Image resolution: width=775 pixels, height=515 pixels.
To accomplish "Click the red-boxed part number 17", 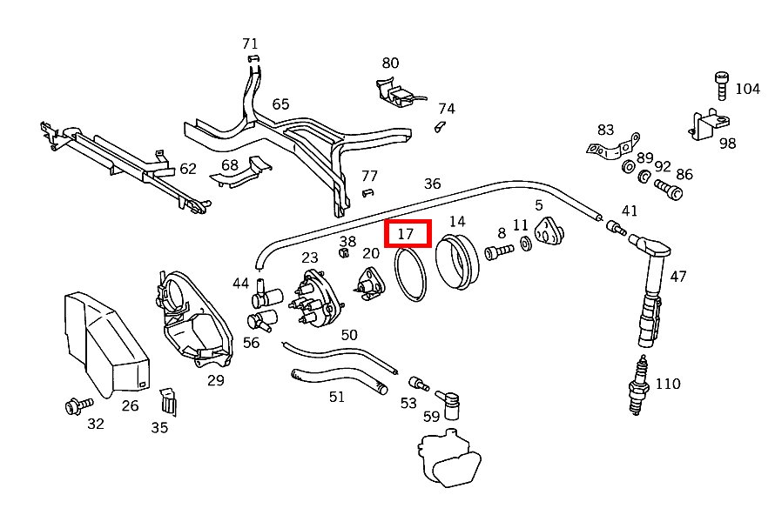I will [407, 234].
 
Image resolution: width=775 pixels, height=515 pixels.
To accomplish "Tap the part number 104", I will [747, 89].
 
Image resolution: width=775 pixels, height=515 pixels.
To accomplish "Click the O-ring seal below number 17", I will [411, 274].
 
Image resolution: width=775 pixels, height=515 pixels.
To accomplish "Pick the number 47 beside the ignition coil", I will [677, 277].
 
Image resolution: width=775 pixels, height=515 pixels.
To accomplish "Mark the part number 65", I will [280, 104].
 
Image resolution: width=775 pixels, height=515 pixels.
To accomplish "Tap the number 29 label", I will [215, 380].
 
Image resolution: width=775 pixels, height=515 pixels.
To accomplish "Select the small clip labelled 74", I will [440, 127].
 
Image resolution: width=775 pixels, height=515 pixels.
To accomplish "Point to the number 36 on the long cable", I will [432, 184].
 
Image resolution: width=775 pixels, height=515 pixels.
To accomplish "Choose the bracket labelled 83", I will [613, 149].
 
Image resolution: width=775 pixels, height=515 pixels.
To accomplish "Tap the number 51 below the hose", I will [337, 398].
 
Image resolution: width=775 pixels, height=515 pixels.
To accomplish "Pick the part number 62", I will [188, 169].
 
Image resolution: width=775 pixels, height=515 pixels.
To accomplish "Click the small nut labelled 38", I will [343, 253].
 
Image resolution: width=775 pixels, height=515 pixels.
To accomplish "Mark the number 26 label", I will [130, 405].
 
